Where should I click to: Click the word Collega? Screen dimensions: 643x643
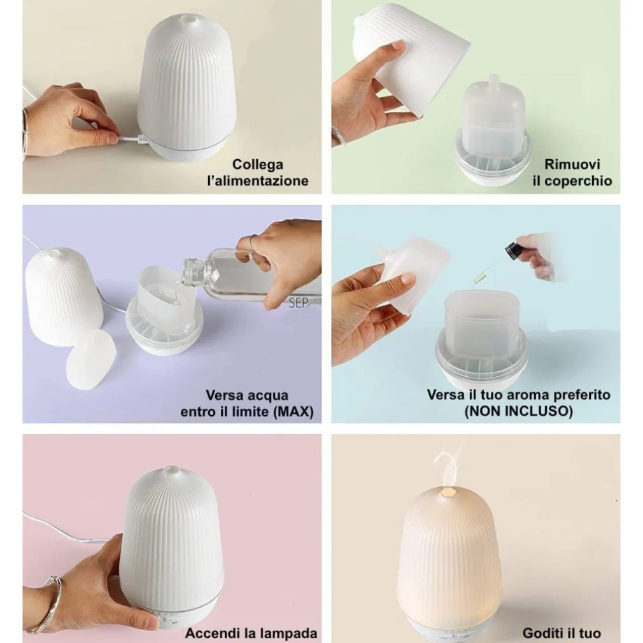258,164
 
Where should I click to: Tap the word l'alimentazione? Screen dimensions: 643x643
258,181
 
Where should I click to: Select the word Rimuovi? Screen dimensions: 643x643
572,164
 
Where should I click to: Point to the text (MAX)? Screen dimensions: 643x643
293,411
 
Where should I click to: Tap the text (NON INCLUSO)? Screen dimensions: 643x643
518,411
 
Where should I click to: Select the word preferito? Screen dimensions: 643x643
582,395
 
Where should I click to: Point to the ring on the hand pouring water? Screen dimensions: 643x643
253,241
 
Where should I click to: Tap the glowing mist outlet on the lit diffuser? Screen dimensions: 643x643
446,491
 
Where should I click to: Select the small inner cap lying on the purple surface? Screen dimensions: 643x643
92,360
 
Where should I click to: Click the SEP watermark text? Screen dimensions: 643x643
299,303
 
